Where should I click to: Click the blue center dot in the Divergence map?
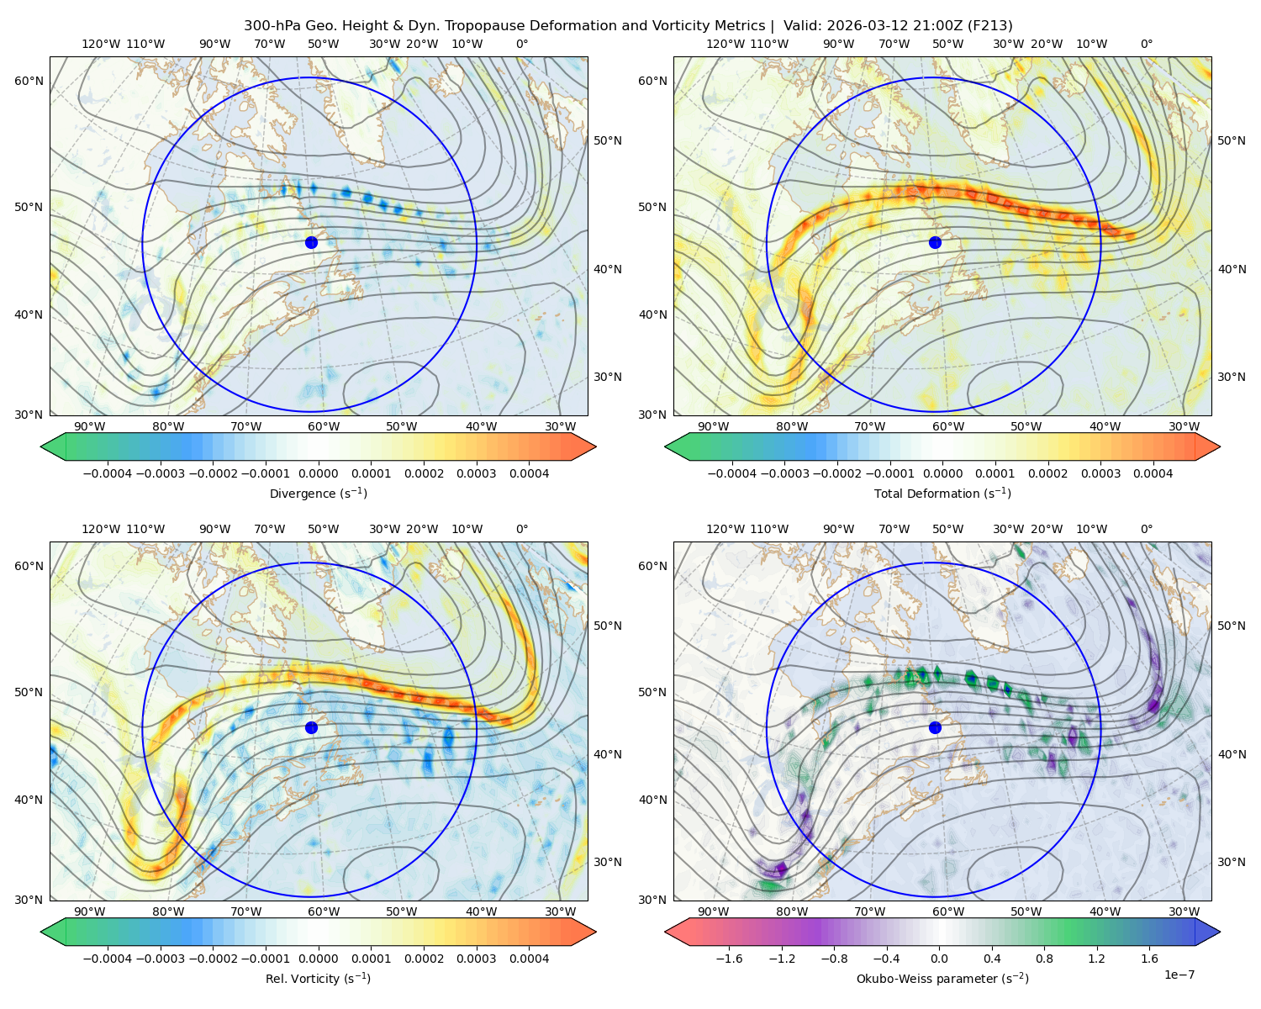pyautogui.click(x=311, y=243)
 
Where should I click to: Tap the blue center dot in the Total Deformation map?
pyautogui.click(x=935, y=243)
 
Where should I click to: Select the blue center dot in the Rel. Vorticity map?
pyautogui.click(x=311, y=727)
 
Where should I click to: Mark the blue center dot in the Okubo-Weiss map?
pyautogui.click(x=935, y=727)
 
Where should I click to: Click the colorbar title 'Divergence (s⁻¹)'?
pyautogui.click(x=318, y=494)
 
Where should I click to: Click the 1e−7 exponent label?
pyautogui.click(x=1179, y=975)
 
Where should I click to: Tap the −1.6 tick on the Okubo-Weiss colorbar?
pyautogui.click(x=729, y=959)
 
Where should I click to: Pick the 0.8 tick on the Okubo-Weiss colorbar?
pyautogui.click(x=1044, y=959)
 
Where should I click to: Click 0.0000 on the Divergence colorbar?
pyautogui.click(x=318, y=473)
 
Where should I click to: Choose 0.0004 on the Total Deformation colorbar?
pyautogui.click(x=1153, y=473)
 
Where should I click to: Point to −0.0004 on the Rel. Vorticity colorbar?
pyautogui.click(x=108, y=959)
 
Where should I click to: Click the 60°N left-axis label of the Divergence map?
pyautogui.click(x=29, y=81)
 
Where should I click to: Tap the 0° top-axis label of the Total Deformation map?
pyautogui.click(x=1146, y=44)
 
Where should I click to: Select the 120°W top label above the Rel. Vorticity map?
pyautogui.click(x=101, y=529)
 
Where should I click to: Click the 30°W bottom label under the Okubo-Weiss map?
pyautogui.click(x=1184, y=911)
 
